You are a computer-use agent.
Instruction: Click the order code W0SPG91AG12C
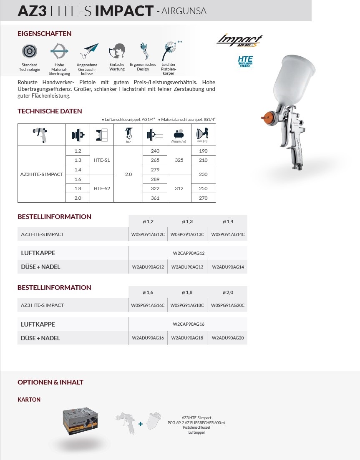148,234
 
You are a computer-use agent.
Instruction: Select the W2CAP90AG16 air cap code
189,324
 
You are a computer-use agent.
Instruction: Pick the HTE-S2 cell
102,188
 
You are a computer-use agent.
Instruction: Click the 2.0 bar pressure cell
128,174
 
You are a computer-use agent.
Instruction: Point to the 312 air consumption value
179,188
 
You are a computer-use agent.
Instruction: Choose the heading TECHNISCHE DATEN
50,111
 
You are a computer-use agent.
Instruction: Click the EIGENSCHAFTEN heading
44,34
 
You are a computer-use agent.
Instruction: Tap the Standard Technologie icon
29,51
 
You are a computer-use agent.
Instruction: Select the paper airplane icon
89,52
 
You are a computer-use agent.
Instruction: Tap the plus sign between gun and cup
141,424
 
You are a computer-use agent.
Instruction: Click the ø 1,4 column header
228,221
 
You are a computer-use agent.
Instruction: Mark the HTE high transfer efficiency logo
245,61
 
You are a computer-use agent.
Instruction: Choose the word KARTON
29,400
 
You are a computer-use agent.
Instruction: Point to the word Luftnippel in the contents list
196,432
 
